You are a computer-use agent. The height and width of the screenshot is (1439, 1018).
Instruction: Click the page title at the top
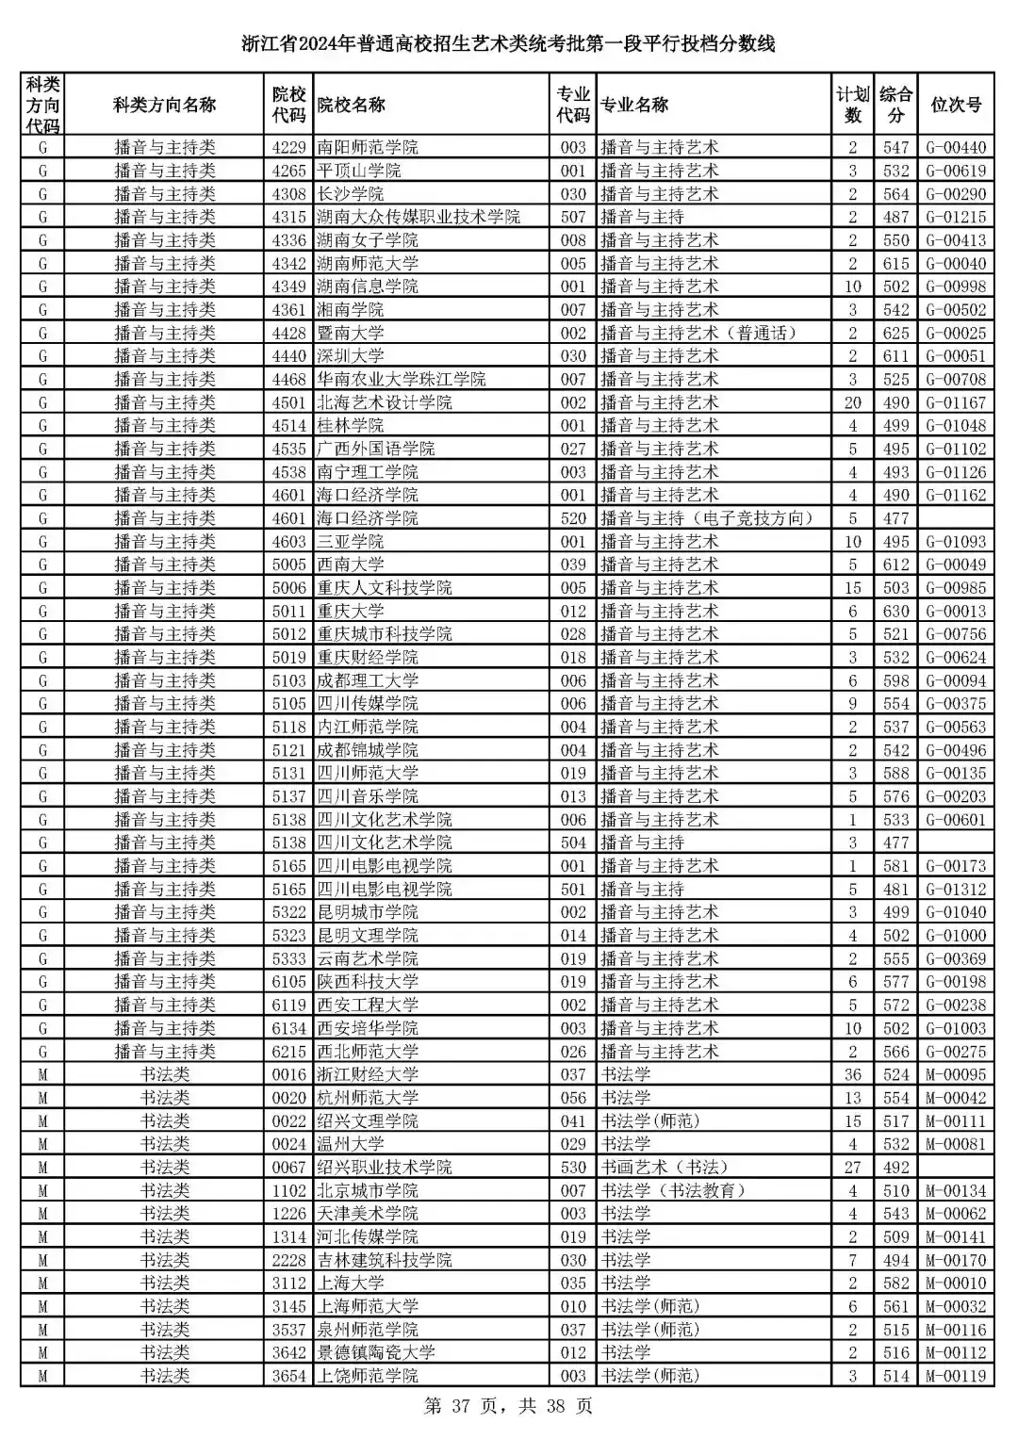[508, 44]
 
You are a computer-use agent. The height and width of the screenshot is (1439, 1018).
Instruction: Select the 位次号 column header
[956, 105]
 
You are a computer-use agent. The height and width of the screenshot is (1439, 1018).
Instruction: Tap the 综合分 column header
[895, 105]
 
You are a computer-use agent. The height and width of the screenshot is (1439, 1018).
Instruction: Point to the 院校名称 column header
[352, 105]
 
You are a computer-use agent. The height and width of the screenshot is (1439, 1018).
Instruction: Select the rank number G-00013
[956, 611]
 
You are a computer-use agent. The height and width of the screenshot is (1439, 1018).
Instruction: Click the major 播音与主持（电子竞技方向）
[707, 518]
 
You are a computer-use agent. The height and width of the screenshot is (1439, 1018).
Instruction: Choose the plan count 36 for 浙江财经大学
[852, 1074]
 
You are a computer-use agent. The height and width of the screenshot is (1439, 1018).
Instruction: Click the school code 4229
[289, 147]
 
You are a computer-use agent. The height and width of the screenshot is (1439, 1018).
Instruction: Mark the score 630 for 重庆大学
[895, 611]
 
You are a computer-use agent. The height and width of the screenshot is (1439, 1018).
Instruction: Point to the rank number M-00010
[956, 1283]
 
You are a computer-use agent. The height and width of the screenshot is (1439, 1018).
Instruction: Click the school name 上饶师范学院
[368, 1376]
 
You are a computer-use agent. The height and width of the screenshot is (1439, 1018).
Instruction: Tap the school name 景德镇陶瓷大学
[376, 1352]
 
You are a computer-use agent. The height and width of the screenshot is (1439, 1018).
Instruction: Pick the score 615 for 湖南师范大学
[895, 264]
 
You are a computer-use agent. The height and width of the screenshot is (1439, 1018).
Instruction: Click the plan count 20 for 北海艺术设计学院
[852, 402]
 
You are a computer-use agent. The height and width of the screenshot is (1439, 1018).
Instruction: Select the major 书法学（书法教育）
[674, 1190]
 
